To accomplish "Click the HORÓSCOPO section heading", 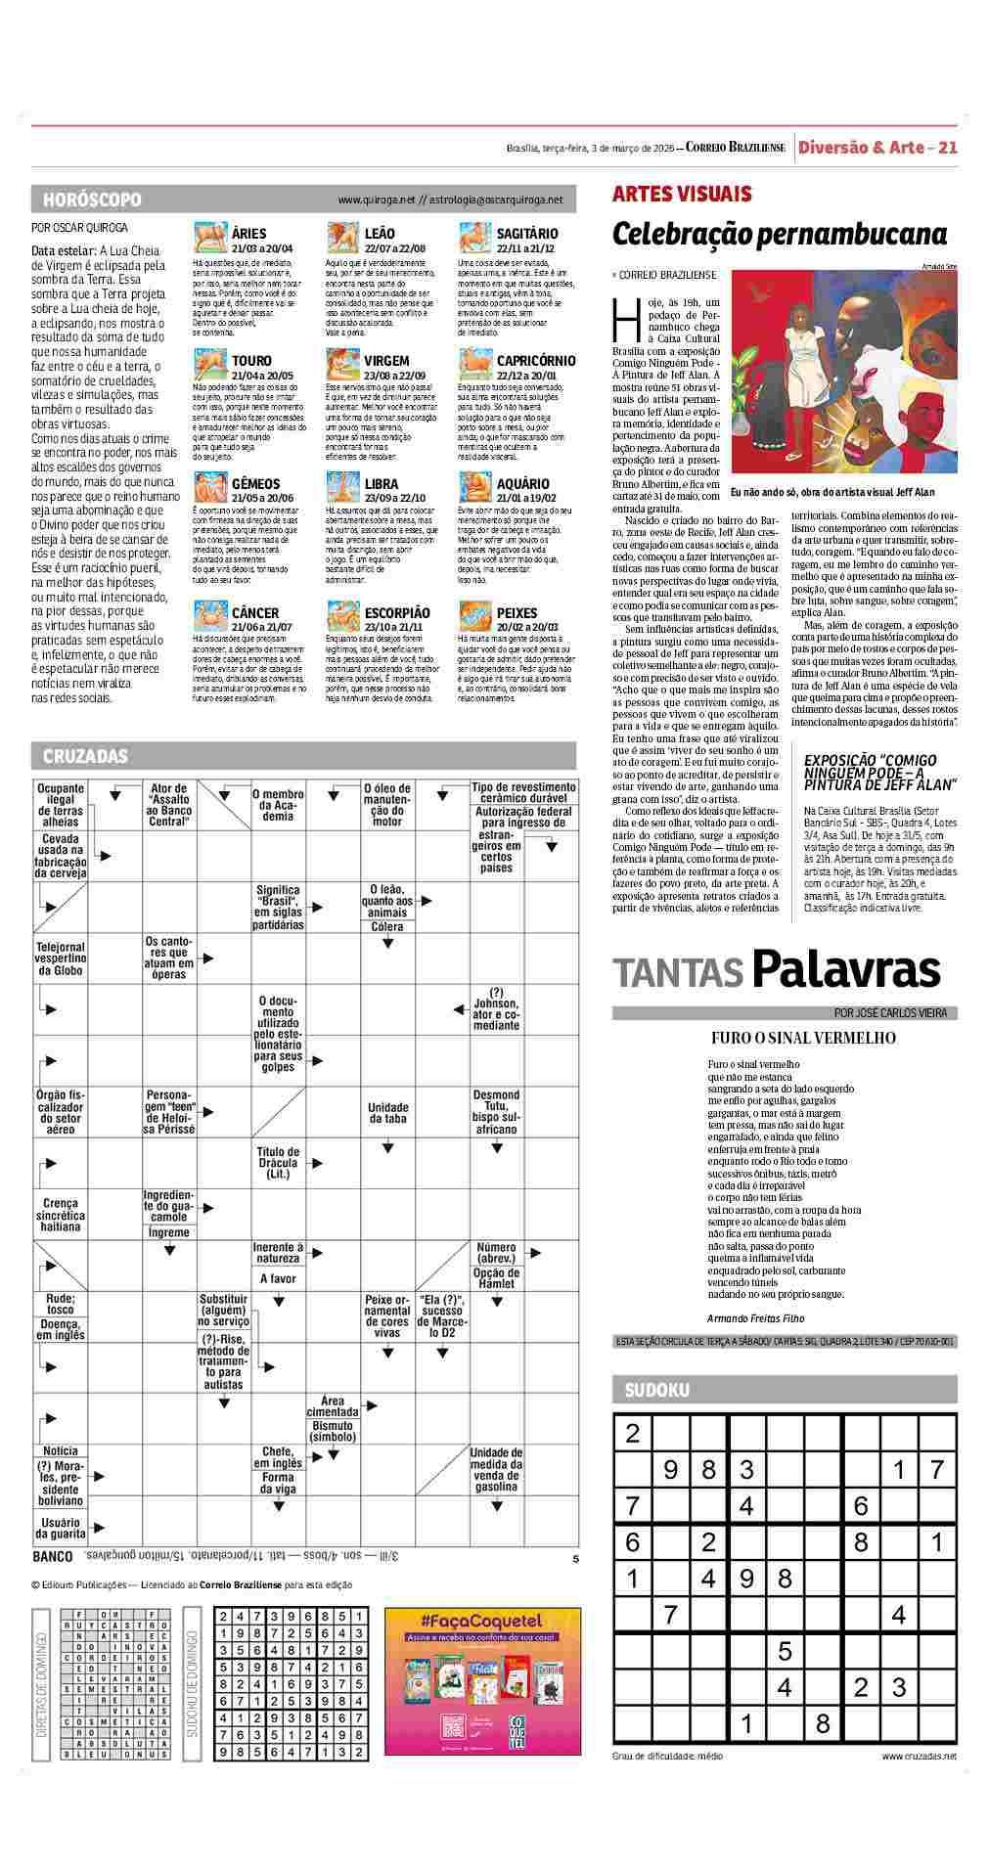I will pos(92,200).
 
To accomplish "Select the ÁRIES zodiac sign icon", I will pos(209,239).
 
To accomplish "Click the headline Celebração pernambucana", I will pos(780,235).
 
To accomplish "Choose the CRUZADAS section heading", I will pos(85,756).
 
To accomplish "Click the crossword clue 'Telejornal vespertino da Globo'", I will pos(61,958).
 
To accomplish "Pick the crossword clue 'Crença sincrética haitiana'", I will pos(61,1214).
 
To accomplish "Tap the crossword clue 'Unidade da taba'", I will pos(387,1113).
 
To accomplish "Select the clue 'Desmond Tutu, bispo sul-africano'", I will pos(496,1112).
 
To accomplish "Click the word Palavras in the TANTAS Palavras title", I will pos(846,970).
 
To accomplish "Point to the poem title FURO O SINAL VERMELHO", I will pos(803,1038).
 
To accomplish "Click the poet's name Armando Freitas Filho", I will pos(755,1317).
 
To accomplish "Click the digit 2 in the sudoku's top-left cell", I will pos(632,1434).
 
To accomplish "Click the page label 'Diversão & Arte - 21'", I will pos(877,148).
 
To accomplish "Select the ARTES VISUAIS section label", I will pos(682,194).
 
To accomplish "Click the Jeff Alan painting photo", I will pos(843,372).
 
